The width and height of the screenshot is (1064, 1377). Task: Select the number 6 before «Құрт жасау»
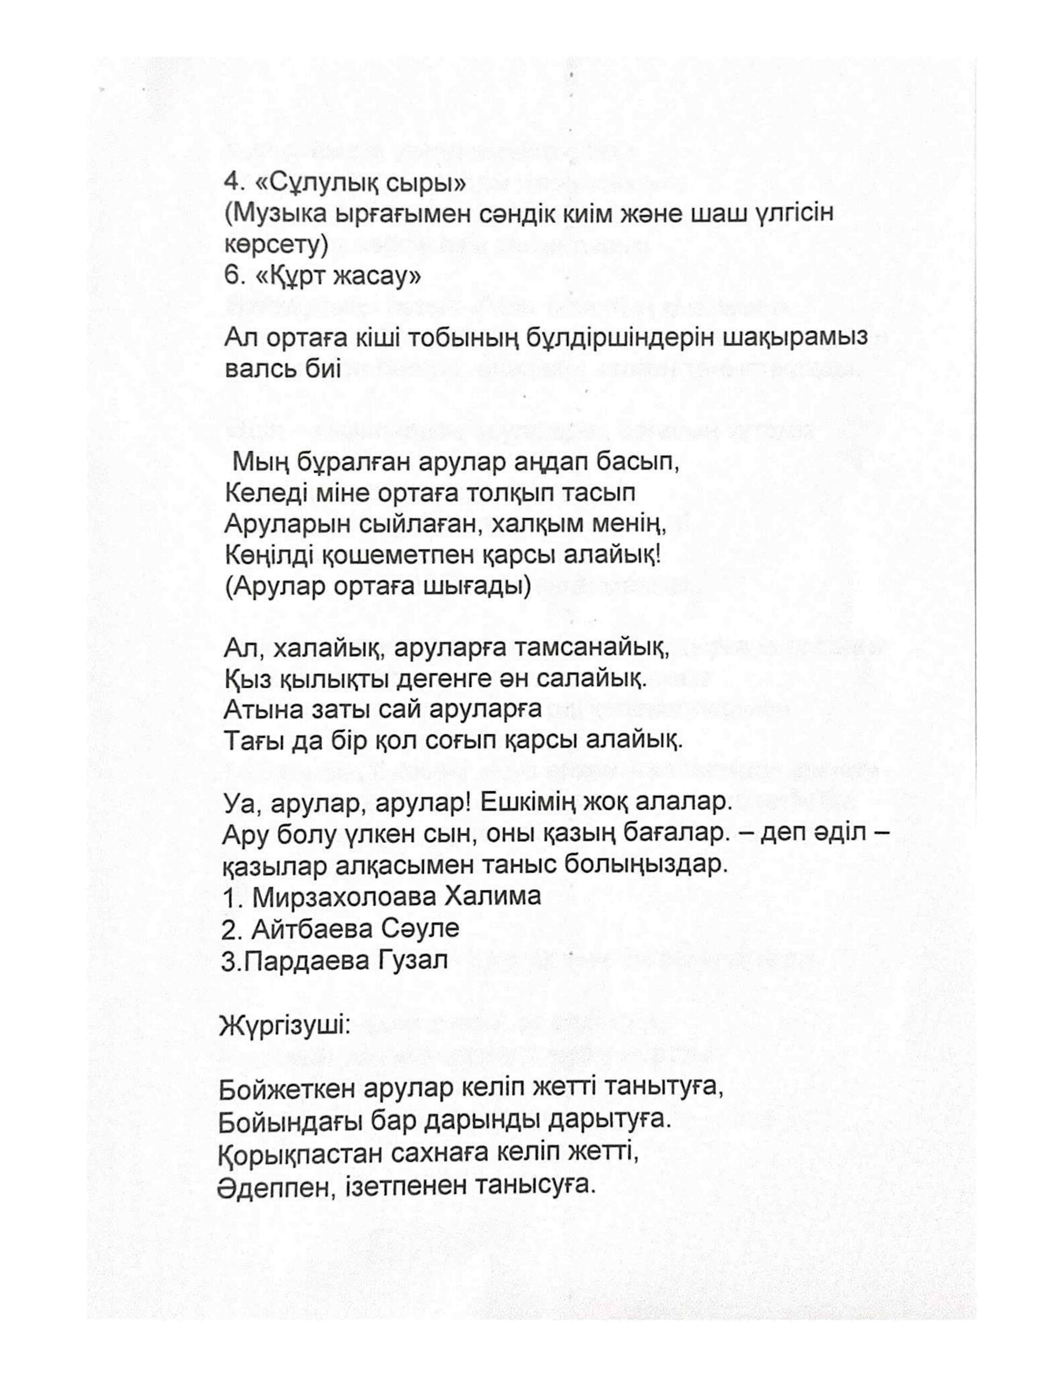[x=230, y=276]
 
